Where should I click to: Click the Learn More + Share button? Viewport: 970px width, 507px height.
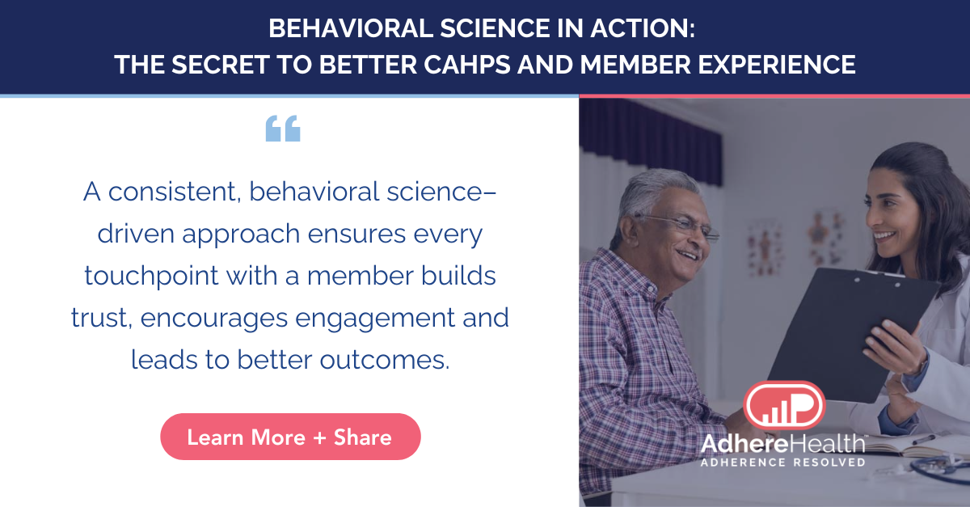click(290, 437)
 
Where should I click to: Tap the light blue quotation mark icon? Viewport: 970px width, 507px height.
click(283, 129)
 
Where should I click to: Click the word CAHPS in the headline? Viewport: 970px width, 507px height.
click(467, 64)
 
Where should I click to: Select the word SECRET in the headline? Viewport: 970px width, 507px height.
click(221, 64)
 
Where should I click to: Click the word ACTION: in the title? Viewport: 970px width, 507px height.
click(643, 28)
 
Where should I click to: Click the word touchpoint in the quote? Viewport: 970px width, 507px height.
click(152, 276)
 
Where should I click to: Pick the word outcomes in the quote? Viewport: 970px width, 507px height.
click(385, 360)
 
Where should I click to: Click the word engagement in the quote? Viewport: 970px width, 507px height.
click(375, 319)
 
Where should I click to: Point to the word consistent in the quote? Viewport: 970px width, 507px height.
click(175, 192)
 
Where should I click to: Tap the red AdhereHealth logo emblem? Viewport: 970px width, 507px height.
click(784, 405)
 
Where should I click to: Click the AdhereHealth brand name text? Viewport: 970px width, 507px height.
click(783, 444)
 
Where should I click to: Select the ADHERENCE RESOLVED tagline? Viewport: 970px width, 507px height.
click(783, 463)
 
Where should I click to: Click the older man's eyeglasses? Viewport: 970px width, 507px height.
click(680, 225)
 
